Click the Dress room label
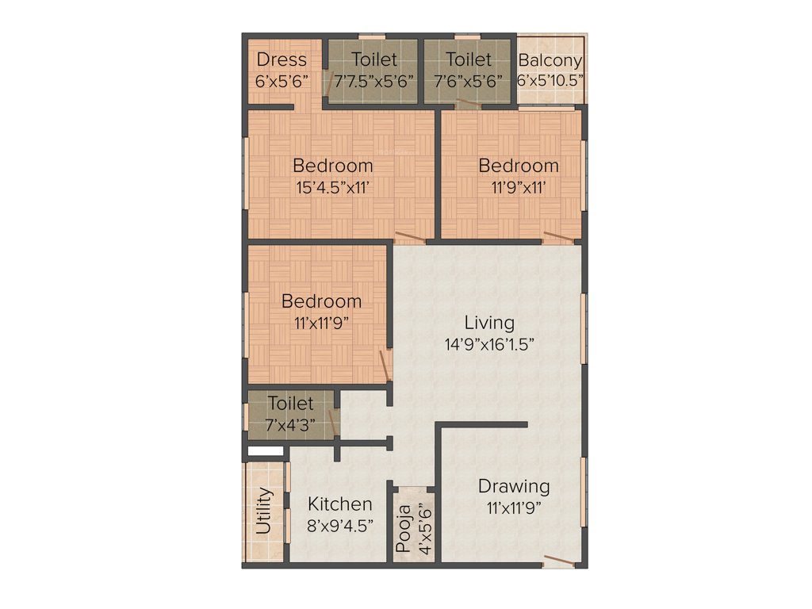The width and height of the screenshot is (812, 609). click(282, 60)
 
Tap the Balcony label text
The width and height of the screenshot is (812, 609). click(550, 60)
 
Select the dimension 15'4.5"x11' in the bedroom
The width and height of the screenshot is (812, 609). click(333, 188)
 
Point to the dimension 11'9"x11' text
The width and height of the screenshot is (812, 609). click(519, 188)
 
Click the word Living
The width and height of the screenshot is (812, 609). click(489, 323)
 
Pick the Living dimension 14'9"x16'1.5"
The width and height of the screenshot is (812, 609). click(489, 344)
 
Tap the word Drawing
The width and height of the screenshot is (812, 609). click(514, 486)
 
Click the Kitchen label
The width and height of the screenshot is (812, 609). click(339, 504)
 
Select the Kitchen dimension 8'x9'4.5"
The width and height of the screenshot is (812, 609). click(339, 525)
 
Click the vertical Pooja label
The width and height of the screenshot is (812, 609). click(403, 528)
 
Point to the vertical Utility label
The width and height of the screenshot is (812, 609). click(264, 512)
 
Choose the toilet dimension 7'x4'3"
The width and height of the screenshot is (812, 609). click(290, 424)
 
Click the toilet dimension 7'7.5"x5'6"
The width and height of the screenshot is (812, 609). click(374, 81)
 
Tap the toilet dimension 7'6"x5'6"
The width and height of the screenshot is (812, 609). click(468, 81)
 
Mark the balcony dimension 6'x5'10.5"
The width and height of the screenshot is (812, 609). click(550, 81)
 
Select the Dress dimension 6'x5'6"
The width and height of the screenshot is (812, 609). click(282, 81)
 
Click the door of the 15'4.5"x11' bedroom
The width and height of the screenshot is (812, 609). click(410, 236)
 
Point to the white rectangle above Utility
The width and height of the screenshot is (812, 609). click(265, 451)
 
